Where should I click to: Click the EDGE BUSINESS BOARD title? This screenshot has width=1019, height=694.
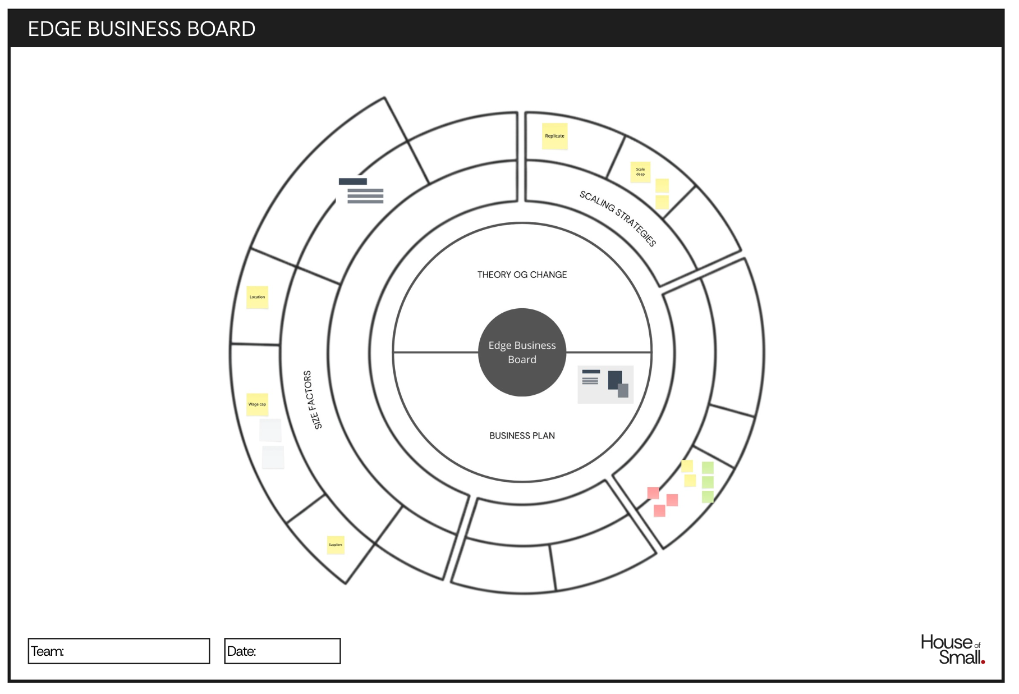pyautogui.click(x=141, y=29)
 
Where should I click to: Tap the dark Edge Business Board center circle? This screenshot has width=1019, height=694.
pyautogui.click(x=522, y=352)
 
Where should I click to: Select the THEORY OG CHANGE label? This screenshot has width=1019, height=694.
pyautogui.click(x=522, y=275)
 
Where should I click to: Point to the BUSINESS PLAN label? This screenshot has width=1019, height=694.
pyautogui.click(x=522, y=436)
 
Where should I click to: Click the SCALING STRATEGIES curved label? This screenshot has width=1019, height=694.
pyautogui.click(x=618, y=218)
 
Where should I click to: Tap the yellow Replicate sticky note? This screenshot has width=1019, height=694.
pyautogui.click(x=554, y=136)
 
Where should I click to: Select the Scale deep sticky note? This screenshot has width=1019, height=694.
pyautogui.click(x=640, y=172)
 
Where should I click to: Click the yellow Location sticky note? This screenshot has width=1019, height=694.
pyautogui.click(x=257, y=297)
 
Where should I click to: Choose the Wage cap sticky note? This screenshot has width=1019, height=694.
pyautogui.click(x=257, y=404)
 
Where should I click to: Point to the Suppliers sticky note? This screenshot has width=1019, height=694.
pyautogui.click(x=336, y=545)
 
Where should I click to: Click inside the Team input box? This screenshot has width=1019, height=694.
pyautogui.click(x=135, y=651)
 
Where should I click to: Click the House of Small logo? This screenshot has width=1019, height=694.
pyautogui.click(x=952, y=650)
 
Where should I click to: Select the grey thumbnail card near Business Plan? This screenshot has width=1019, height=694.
pyautogui.click(x=605, y=385)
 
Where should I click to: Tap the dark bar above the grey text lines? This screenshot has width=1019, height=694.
pyautogui.click(x=352, y=181)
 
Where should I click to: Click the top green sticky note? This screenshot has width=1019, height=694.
pyautogui.click(x=708, y=468)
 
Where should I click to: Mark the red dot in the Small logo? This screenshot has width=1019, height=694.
pyautogui.click(x=983, y=662)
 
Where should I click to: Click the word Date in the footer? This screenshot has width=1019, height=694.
pyautogui.click(x=241, y=651)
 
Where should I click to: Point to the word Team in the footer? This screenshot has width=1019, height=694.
pyautogui.click(x=47, y=651)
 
